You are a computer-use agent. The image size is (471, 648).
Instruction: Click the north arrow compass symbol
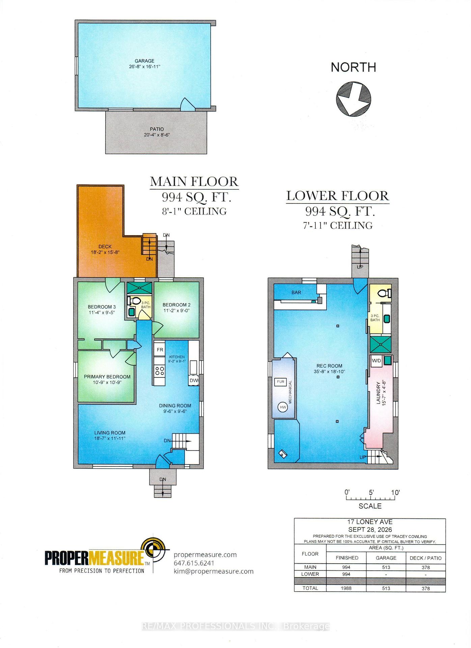[353, 99]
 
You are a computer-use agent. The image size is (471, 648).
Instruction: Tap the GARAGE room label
[144, 61]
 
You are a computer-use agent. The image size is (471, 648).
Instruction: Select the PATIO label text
[157, 129]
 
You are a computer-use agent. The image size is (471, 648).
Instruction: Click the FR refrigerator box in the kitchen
[160, 350]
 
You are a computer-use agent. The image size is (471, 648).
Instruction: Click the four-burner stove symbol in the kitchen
[160, 371]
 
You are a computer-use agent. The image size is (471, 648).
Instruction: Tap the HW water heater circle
[283, 407]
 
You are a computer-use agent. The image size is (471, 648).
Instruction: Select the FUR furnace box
[281, 382]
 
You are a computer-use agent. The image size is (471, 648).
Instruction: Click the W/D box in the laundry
[377, 360]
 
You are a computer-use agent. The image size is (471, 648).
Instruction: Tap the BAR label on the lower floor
[296, 292]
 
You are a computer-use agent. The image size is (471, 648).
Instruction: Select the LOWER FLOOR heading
[338, 196]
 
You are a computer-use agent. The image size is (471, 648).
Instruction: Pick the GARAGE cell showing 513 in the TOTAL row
[386, 588]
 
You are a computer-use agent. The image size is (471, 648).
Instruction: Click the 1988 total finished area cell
[346, 588]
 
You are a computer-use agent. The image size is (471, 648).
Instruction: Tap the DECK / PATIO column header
[425, 558]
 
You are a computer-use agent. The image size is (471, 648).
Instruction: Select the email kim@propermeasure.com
[214, 571]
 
